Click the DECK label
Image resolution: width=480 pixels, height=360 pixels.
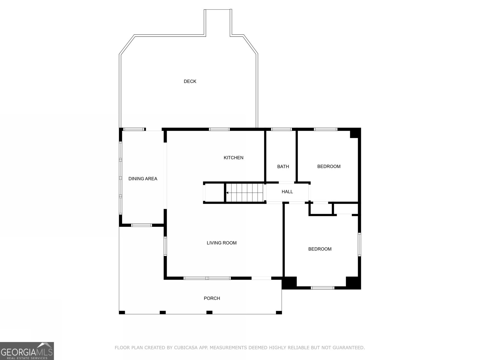(190, 81)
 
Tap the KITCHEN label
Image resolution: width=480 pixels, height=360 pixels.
(233, 158)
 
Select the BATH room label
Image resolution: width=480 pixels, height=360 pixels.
(283, 166)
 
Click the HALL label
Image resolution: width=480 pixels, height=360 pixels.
(287, 192)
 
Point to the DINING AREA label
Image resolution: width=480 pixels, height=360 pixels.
(143, 179)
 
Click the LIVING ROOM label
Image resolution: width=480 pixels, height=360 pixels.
(221, 243)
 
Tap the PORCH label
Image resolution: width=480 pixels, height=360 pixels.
(212, 298)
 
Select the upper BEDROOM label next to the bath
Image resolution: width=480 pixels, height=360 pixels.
(329, 166)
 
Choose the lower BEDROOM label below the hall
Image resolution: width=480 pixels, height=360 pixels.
(320, 249)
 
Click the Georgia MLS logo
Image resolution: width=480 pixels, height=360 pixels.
(27, 351)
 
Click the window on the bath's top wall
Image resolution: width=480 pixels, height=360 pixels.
(281, 129)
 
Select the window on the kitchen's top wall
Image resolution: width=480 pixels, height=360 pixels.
(219, 129)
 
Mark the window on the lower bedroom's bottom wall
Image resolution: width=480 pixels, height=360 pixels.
(322, 288)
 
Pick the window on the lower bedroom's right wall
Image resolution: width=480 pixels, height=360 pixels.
(359, 244)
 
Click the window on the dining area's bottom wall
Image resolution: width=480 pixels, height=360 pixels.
(142, 225)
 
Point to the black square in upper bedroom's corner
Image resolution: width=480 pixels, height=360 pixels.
(355, 133)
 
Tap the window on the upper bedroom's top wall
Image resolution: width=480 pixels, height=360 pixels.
(325, 129)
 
